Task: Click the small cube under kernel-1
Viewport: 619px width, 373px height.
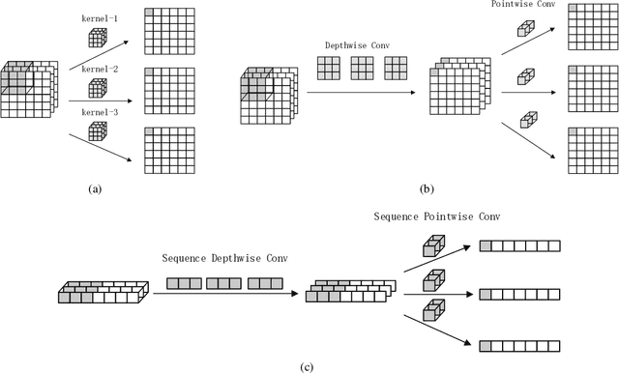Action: (x=97, y=37)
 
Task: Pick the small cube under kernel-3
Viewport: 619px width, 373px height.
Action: (x=97, y=131)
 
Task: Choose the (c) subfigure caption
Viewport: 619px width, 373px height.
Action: (x=307, y=364)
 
